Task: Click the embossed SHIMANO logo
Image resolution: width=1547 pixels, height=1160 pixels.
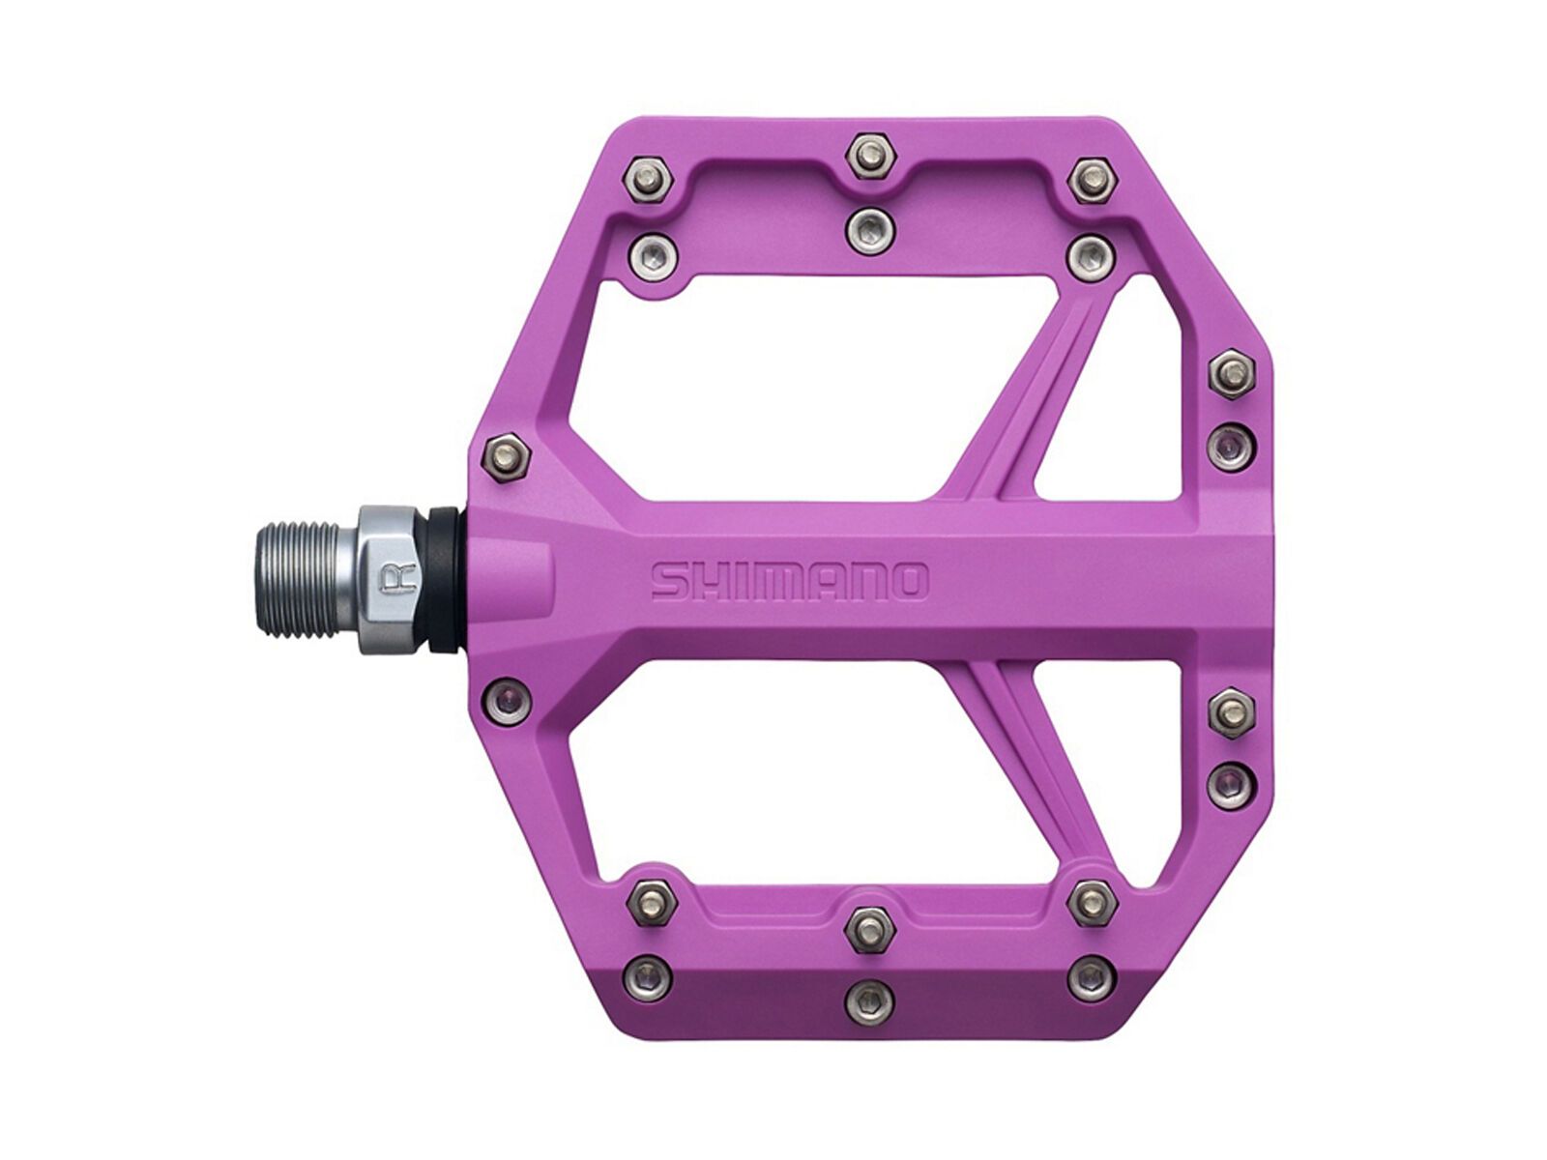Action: pos(789,581)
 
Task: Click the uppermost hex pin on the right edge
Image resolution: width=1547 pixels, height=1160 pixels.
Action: pos(1231,371)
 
